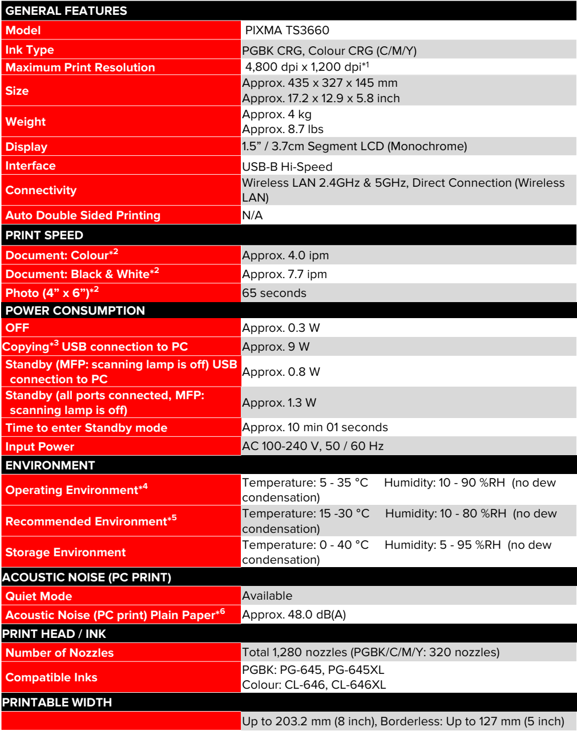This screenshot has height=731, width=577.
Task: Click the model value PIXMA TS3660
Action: [x=287, y=30]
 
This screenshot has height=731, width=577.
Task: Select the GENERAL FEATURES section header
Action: [x=66, y=11]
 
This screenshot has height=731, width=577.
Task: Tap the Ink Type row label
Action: [x=30, y=50]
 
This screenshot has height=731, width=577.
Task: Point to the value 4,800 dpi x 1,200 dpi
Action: [x=306, y=67]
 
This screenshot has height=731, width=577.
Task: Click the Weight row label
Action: [x=26, y=122]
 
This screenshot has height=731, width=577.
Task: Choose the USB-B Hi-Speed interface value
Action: [x=287, y=167]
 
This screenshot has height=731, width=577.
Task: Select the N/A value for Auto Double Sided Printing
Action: [x=252, y=215]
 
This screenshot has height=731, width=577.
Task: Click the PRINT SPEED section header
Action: [x=45, y=235]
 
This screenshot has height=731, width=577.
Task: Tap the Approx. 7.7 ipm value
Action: [x=284, y=274]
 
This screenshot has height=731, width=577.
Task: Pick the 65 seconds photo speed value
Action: [x=274, y=293]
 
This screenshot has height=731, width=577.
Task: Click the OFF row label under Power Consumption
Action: [x=17, y=328]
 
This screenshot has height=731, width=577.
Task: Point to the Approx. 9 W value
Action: [x=276, y=347]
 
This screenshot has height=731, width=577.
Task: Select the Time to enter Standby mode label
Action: [x=86, y=428]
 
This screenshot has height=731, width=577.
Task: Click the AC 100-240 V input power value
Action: [x=312, y=446]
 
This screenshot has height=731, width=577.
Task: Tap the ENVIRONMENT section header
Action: [x=50, y=465]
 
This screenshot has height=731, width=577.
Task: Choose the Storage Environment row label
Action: [x=66, y=552]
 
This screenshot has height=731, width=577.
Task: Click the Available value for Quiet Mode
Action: [x=267, y=596]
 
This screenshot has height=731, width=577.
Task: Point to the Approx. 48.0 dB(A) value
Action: [x=294, y=614]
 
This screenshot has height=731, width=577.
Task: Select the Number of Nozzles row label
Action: [x=59, y=653]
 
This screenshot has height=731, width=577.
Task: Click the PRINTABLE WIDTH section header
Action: [x=57, y=702]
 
